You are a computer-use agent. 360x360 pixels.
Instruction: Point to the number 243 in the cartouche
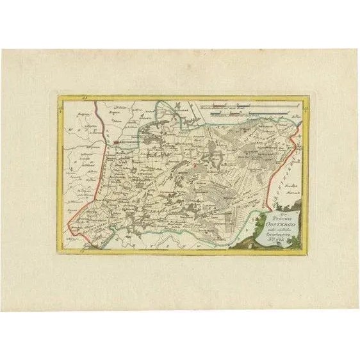(282, 235)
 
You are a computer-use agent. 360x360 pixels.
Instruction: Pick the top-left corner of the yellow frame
(58, 95)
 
